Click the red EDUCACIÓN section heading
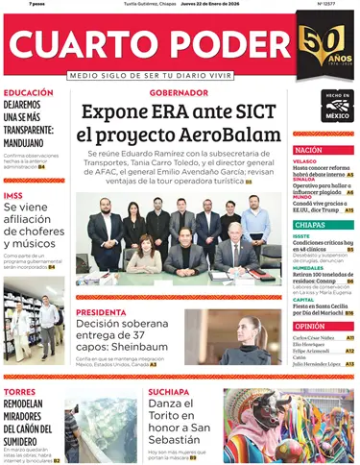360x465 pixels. (x=28, y=93)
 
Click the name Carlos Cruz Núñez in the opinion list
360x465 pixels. (x=312, y=338)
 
